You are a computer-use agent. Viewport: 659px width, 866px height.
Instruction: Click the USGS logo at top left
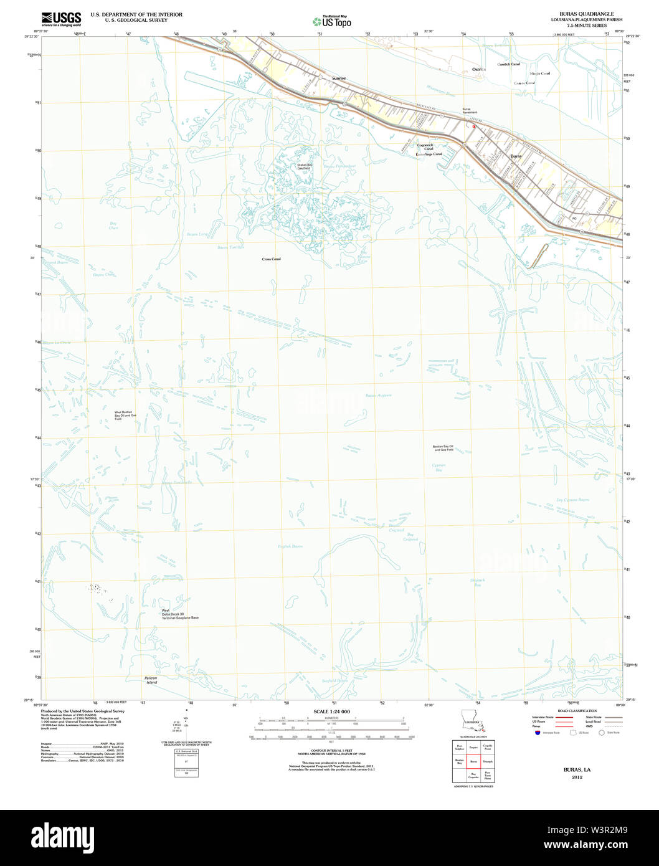[61, 18]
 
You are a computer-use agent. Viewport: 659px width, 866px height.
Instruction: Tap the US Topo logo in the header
[332, 21]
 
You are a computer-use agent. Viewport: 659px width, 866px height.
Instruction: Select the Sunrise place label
[338, 79]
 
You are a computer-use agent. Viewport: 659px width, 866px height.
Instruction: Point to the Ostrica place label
[478, 69]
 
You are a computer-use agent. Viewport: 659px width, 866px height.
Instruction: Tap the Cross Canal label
[271, 259]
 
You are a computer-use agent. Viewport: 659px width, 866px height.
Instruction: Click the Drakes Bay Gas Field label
[305, 166]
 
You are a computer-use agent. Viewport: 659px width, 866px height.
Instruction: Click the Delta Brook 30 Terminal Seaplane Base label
[179, 614]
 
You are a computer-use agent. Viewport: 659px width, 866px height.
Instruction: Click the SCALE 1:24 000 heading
[331, 711]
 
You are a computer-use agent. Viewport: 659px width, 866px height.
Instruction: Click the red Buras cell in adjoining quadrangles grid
[473, 761]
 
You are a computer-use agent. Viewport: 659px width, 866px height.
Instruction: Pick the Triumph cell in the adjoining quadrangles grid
[488, 761]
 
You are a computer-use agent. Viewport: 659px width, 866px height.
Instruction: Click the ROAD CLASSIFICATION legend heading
[577, 711]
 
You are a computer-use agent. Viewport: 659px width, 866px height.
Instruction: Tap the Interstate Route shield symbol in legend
[537, 733]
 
